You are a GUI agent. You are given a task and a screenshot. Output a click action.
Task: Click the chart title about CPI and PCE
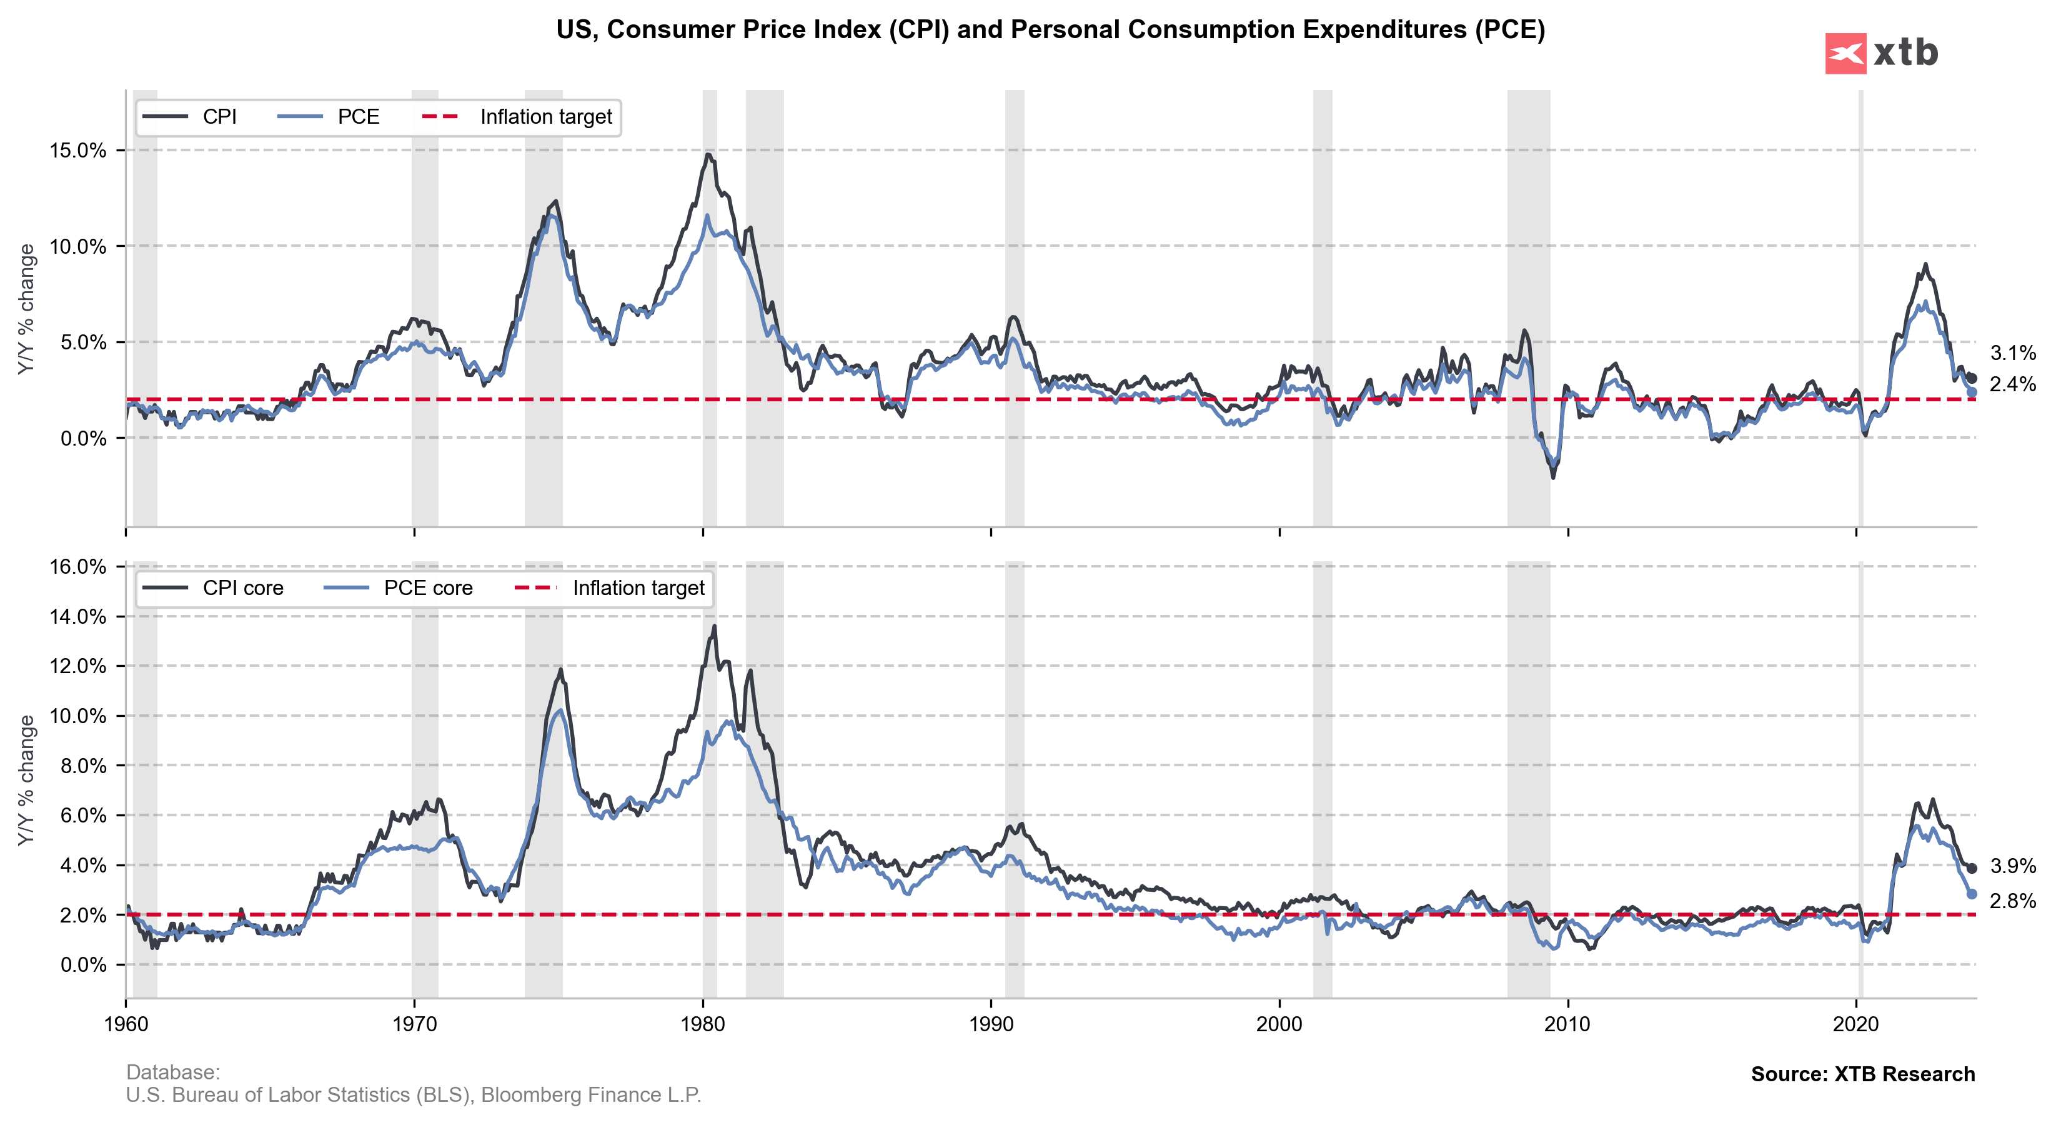tap(1050, 29)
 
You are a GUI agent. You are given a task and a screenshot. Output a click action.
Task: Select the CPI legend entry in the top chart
tap(192, 117)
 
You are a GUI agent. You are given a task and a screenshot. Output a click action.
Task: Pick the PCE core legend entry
tap(399, 589)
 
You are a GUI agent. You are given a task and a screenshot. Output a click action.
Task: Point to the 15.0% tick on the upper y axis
tap(77, 150)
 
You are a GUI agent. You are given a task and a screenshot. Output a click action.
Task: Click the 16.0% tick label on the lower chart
tap(77, 567)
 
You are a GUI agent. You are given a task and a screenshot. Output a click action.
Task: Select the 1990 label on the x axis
tap(990, 1024)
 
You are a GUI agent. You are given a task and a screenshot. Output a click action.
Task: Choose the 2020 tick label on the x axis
tap(1857, 1024)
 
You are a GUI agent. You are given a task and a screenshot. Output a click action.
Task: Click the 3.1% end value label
tap(2012, 353)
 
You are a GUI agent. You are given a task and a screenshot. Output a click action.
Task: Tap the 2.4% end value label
tap(2012, 384)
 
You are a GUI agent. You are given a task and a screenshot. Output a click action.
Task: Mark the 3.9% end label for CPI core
tap(2012, 866)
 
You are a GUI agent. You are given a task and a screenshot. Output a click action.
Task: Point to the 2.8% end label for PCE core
tap(2012, 901)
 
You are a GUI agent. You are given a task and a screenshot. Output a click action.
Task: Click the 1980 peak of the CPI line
tap(708, 154)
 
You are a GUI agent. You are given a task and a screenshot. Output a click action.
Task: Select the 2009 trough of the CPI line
tap(1553, 477)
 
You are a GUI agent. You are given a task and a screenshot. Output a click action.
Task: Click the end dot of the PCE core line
tap(1972, 894)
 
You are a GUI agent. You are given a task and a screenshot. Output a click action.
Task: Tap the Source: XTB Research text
tap(1863, 1074)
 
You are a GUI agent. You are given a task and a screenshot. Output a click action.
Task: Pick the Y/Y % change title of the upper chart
tap(26, 309)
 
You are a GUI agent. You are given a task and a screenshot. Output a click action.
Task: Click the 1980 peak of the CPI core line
tap(714, 626)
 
